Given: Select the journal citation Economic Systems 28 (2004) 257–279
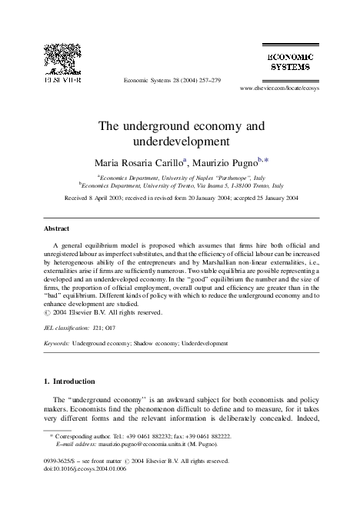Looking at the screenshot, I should [172, 80].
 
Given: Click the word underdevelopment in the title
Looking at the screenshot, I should [181, 142].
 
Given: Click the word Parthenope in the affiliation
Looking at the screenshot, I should [233, 176].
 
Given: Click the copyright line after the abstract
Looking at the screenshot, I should [105, 312].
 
